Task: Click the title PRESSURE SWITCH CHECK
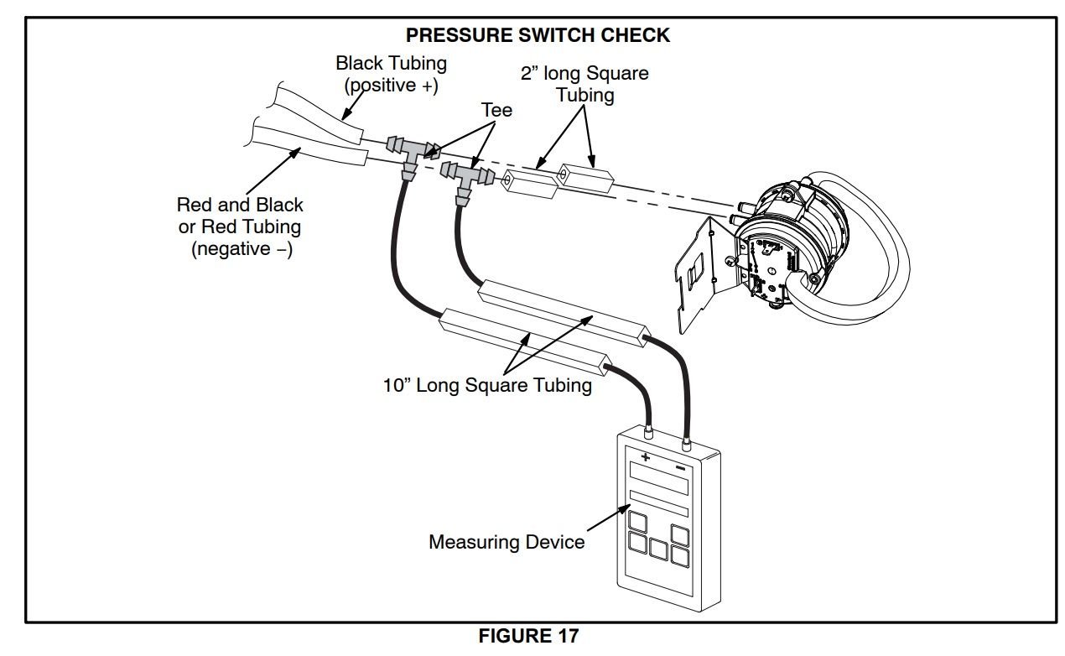coord(538,35)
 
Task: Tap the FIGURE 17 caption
coord(527,636)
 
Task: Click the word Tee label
coord(496,110)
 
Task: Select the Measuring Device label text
coord(507,542)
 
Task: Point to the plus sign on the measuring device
coord(646,457)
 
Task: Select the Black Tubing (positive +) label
coord(391,74)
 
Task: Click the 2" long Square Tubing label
coord(584,84)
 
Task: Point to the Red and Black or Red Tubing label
coord(240,226)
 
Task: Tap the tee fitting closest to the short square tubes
coord(464,177)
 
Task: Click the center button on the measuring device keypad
coord(658,550)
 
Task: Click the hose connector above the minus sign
coord(686,440)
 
